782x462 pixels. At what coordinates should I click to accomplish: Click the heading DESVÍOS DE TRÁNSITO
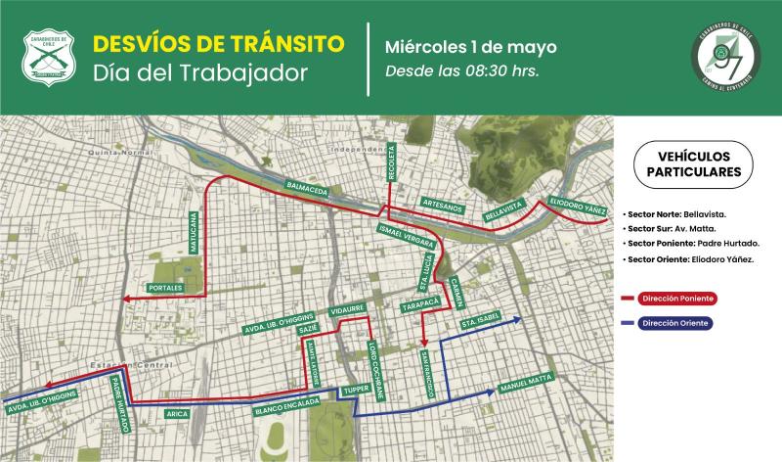(217, 44)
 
